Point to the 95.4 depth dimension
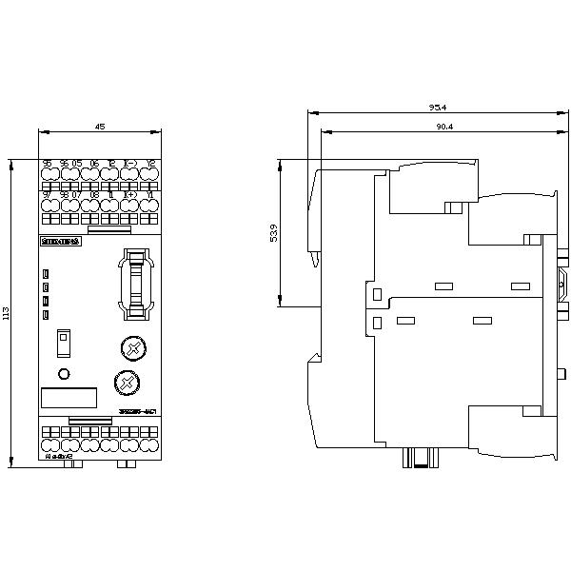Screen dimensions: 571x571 click(438, 108)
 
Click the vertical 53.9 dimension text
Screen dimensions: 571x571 click(275, 234)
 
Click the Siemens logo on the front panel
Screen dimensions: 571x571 click(62, 243)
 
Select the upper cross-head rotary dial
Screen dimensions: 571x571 click(133, 348)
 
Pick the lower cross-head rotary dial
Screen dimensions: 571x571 click(125, 382)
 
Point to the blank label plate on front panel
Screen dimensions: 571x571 click(69, 400)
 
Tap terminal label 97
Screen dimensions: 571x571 click(47, 194)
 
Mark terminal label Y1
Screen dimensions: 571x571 click(150, 194)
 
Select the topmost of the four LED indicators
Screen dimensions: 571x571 click(46, 275)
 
